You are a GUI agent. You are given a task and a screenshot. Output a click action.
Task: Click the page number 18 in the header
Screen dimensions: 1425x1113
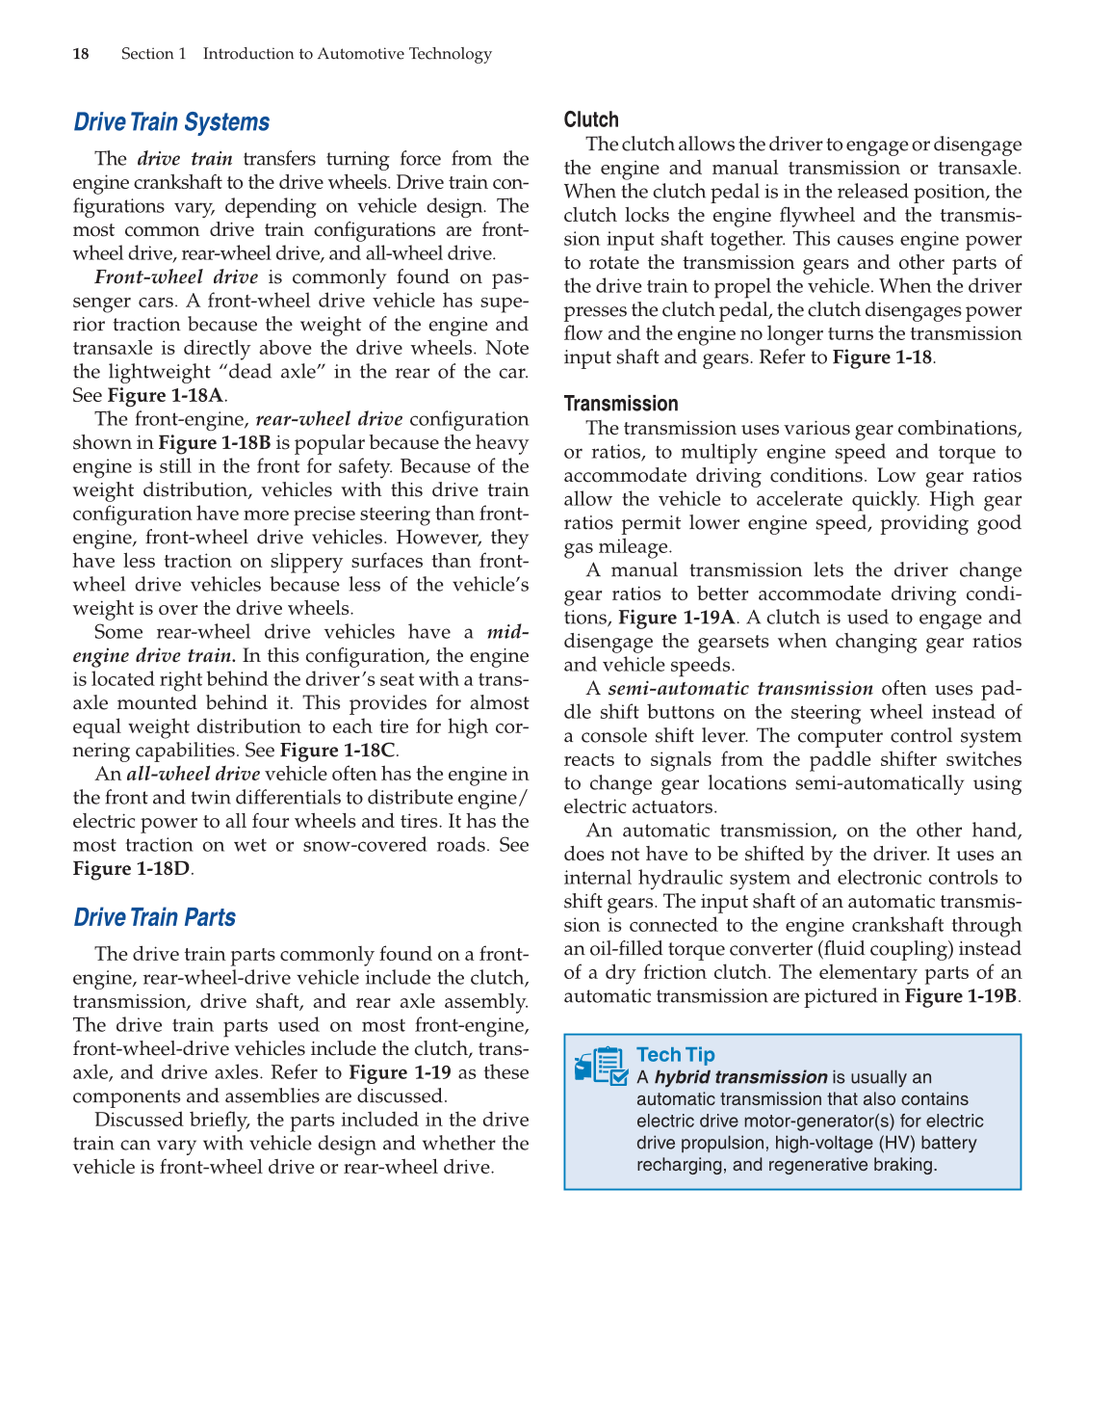(x=81, y=54)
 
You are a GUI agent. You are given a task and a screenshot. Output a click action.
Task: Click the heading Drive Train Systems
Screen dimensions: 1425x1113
(x=171, y=122)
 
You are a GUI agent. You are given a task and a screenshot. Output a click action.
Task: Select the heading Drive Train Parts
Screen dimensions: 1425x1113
(x=154, y=917)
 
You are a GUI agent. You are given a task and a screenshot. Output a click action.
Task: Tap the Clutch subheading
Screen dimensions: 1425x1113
(x=591, y=119)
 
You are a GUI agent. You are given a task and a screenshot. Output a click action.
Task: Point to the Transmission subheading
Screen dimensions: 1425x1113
(x=621, y=404)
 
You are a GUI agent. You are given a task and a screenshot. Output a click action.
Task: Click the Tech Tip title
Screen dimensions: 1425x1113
(x=675, y=1055)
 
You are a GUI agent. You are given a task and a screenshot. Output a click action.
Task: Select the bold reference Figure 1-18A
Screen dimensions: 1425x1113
(x=165, y=396)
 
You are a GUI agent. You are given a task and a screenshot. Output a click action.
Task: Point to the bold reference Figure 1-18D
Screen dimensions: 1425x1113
(x=131, y=869)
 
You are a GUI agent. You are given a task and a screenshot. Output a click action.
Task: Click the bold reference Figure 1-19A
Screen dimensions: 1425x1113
(x=676, y=618)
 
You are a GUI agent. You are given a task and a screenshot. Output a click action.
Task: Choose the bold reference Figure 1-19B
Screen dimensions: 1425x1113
(x=960, y=996)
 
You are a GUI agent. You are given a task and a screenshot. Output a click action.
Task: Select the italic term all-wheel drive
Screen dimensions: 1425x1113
(x=193, y=775)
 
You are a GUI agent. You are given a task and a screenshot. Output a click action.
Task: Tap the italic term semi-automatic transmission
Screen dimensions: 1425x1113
(x=739, y=689)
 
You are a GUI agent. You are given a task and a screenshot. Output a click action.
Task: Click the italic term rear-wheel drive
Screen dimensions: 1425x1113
(x=329, y=419)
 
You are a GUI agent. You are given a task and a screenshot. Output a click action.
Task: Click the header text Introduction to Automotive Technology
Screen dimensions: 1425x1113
(x=347, y=54)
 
